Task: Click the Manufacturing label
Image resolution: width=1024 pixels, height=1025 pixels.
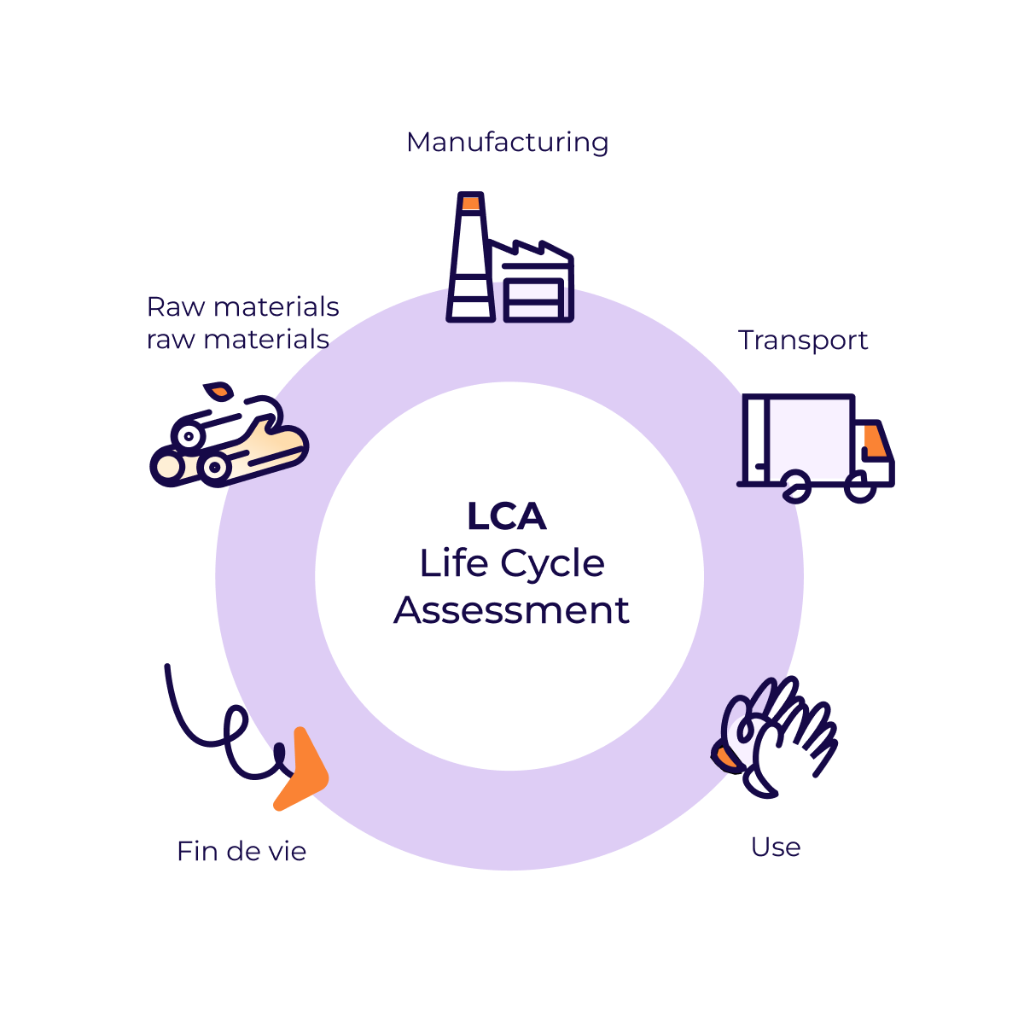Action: (507, 142)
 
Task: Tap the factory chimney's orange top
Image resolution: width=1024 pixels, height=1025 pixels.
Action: (471, 203)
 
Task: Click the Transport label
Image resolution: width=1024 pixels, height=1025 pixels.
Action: (802, 340)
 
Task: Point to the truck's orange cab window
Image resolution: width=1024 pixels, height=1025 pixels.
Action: (874, 441)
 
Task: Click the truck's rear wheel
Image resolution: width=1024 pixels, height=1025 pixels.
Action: (860, 489)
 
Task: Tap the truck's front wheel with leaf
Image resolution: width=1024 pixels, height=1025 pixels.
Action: (796, 487)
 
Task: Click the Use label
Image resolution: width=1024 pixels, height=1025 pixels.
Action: (775, 847)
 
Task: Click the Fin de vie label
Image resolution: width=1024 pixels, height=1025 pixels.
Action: (241, 851)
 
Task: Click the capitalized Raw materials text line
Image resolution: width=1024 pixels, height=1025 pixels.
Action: (242, 306)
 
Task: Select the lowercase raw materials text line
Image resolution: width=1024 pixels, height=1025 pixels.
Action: (237, 339)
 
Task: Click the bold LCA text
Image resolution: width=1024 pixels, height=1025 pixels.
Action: (507, 516)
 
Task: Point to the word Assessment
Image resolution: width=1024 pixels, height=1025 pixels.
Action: (511, 610)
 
